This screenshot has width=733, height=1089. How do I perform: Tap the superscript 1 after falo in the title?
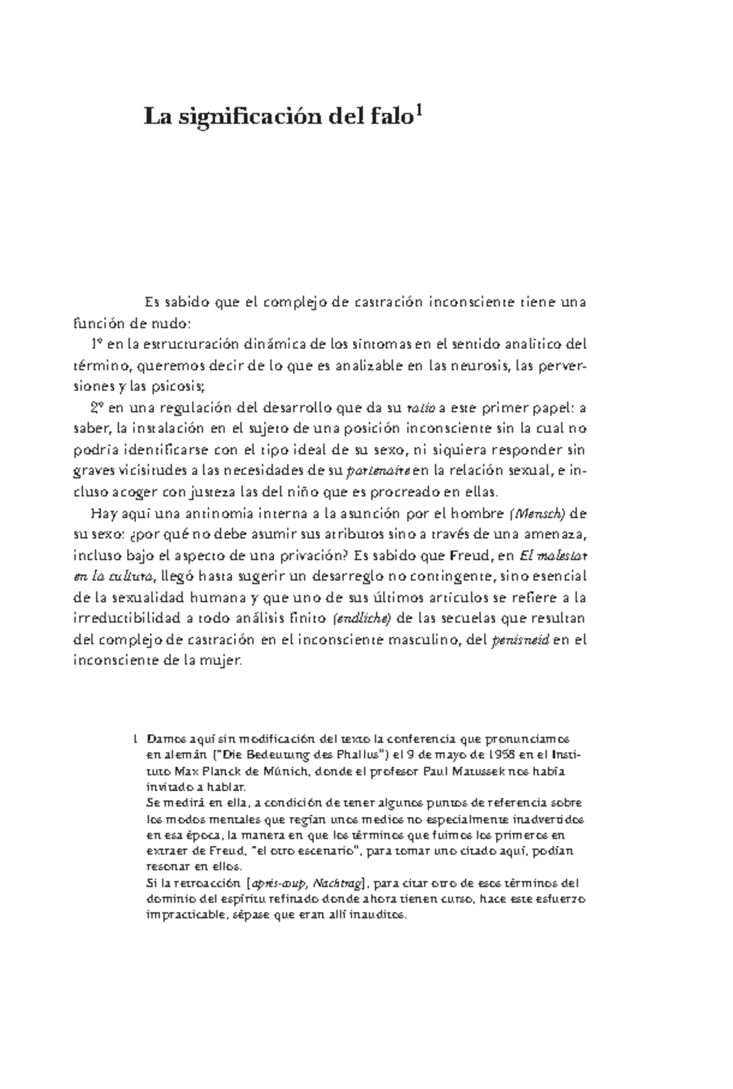(x=419, y=111)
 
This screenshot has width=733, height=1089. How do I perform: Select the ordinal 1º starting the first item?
(x=96, y=344)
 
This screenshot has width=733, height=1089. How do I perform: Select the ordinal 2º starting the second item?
(x=97, y=408)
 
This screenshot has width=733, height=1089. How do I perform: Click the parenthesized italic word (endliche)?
(x=361, y=618)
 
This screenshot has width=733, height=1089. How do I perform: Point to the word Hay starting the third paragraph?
(x=101, y=513)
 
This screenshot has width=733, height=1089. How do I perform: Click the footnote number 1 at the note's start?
(x=134, y=739)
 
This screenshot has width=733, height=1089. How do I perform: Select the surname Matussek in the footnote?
(x=478, y=771)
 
